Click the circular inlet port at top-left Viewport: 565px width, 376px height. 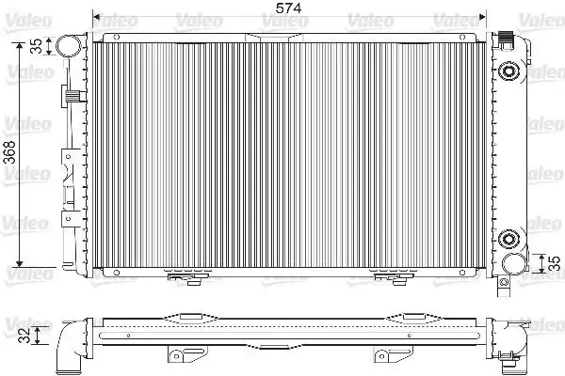(67, 45)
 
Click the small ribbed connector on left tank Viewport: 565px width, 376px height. (71, 95)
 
